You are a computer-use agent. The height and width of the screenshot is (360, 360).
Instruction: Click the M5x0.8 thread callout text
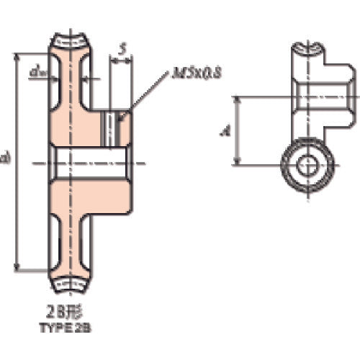pos(196,73)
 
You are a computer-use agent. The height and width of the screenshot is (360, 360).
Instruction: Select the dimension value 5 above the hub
pos(122,48)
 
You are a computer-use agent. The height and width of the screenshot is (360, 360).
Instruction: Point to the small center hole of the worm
pos(307,166)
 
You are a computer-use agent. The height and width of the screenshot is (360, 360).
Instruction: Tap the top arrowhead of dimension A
pos(240,99)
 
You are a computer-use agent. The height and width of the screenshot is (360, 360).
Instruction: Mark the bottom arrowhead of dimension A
pos(240,163)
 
